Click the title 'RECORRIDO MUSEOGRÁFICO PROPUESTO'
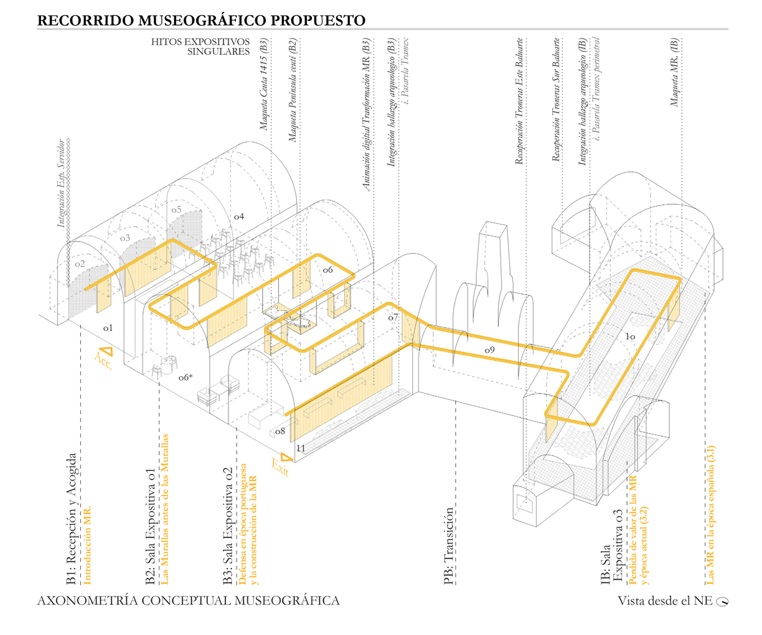[201, 20]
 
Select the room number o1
[108, 327]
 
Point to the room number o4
[238, 216]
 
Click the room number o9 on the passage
[489, 350]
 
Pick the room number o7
[393, 317]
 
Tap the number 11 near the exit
[301, 448]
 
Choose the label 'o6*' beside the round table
[185, 377]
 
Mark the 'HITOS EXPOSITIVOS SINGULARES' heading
[200, 47]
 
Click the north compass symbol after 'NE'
[722, 601]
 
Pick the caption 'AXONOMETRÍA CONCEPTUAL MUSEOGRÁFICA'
[189, 601]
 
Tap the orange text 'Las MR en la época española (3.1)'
[710, 515]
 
